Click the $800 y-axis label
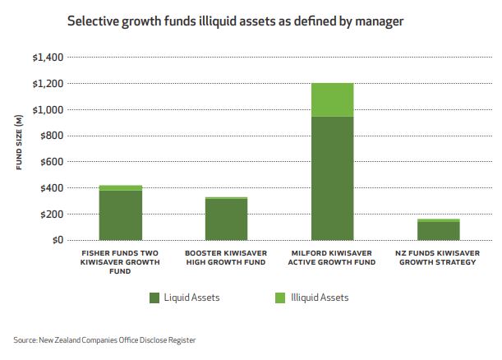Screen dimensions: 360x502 tap(49, 136)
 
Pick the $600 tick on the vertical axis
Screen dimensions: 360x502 tap(49, 162)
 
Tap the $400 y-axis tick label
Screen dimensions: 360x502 tap(49, 188)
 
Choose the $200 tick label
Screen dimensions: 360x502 tap(49, 215)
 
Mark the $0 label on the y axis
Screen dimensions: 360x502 tap(54, 241)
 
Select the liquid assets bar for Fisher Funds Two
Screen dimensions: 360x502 tap(121, 215)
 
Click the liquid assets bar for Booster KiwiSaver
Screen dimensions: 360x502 tap(226, 219)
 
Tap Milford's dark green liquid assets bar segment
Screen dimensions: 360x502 tap(332, 178)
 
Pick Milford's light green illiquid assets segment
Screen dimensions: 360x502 tap(332, 99)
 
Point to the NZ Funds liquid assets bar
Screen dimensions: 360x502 tap(438, 231)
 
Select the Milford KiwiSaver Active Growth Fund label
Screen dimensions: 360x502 tap(332, 257)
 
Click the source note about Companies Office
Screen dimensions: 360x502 tap(104, 339)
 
